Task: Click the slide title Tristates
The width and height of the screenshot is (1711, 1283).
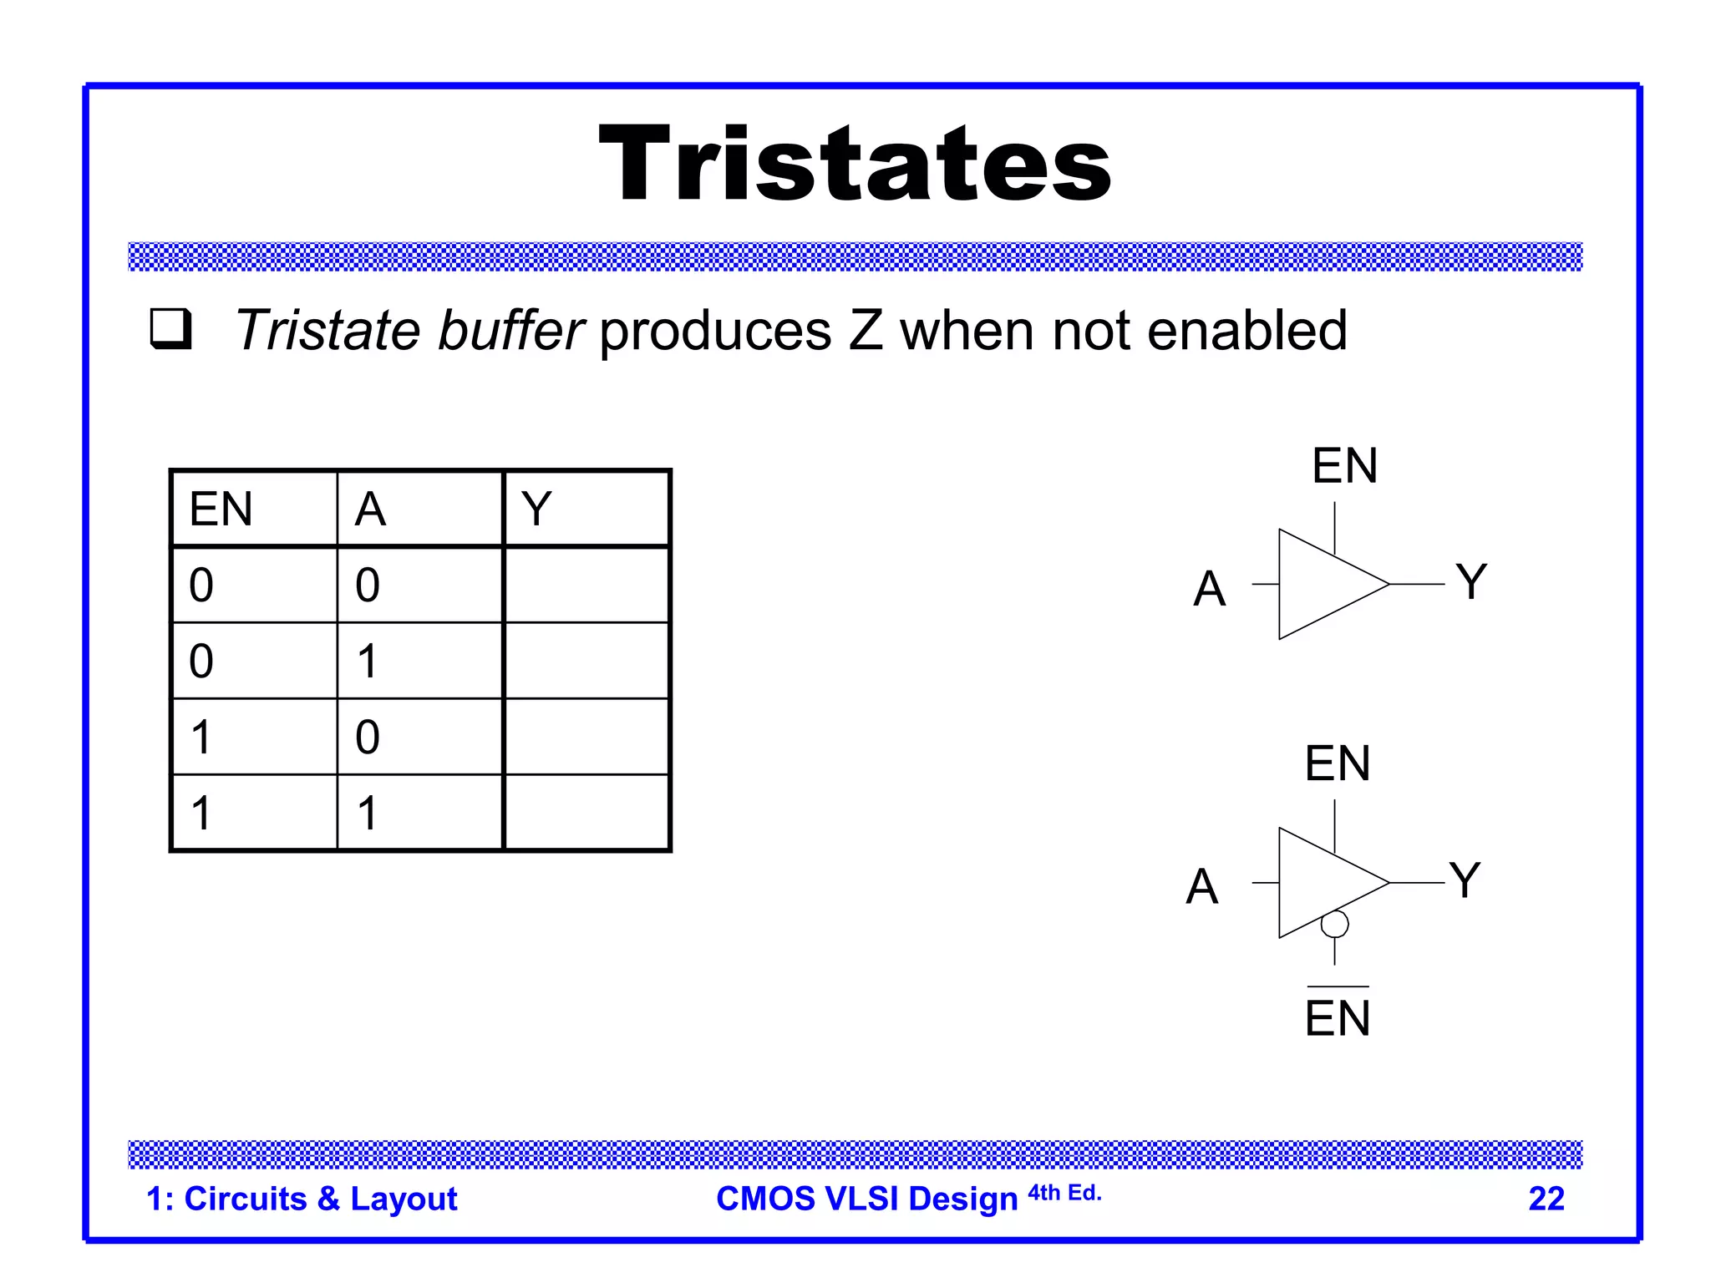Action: [x=855, y=164]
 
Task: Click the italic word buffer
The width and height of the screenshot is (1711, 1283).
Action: [x=510, y=330]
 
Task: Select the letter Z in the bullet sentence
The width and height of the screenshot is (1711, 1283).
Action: [x=866, y=330]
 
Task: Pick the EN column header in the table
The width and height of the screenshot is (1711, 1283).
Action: [x=221, y=509]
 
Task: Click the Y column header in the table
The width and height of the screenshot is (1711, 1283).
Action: [x=536, y=509]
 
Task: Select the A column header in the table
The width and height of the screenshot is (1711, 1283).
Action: [x=370, y=509]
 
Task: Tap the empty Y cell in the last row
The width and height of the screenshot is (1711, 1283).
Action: [x=586, y=813]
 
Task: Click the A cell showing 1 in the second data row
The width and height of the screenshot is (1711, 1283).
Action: [x=368, y=661]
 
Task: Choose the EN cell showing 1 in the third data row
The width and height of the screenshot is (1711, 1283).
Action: [x=201, y=737]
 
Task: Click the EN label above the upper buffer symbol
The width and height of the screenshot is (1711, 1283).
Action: [x=1344, y=465]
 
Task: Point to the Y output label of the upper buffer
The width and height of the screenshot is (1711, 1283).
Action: [x=1471, y=581]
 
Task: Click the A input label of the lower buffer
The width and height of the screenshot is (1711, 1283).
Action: [x=1201, y=886]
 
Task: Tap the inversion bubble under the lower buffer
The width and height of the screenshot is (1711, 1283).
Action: [x=1334, y=924]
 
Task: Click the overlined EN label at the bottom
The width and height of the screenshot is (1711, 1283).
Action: [x=1338, y=1017]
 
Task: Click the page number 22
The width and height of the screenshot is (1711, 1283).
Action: [x=1546, y=1199]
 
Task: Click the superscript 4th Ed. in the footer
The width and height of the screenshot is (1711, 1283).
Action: [x=1064, y=1193]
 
